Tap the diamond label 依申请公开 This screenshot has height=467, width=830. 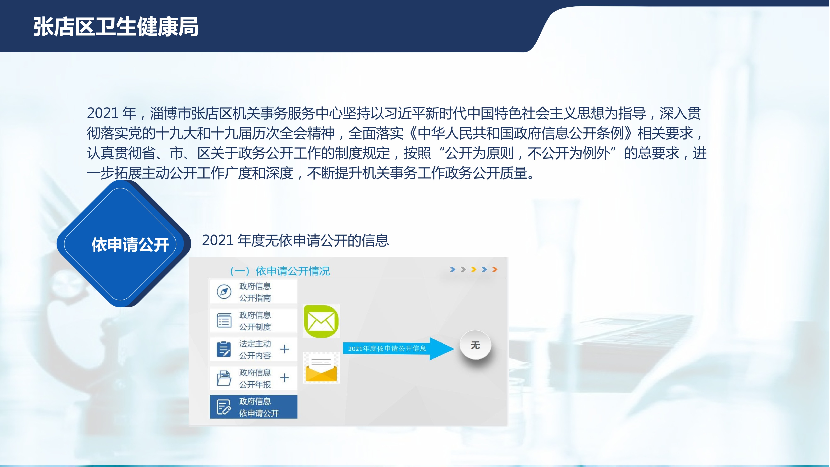(131, 245)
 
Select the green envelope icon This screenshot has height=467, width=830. (321, 321)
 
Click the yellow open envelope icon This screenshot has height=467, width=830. (321, 368)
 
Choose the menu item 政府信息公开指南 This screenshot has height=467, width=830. (253, 292)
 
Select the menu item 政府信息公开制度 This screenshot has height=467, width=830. (253, 321)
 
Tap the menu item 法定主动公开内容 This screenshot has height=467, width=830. (253, 349)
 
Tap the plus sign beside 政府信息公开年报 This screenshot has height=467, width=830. (284, 378)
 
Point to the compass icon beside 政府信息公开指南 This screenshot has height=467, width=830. (224, 292)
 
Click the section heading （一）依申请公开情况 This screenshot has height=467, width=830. (280, 271)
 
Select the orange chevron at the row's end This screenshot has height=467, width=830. (495, 269)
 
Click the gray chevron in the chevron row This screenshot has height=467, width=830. (463, 269)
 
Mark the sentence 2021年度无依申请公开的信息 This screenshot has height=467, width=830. (295, 240)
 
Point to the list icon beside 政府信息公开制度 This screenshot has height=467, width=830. (224, 321)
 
